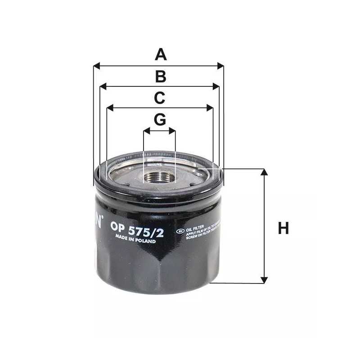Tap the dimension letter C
click(x=160, y=98)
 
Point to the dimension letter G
click(x=160, y=120)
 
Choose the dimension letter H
click(x=283, y=229)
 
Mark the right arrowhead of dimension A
click(x=221, y=66)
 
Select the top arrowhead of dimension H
click(x=264, y=172)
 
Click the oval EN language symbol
click(x=180, y=231)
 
